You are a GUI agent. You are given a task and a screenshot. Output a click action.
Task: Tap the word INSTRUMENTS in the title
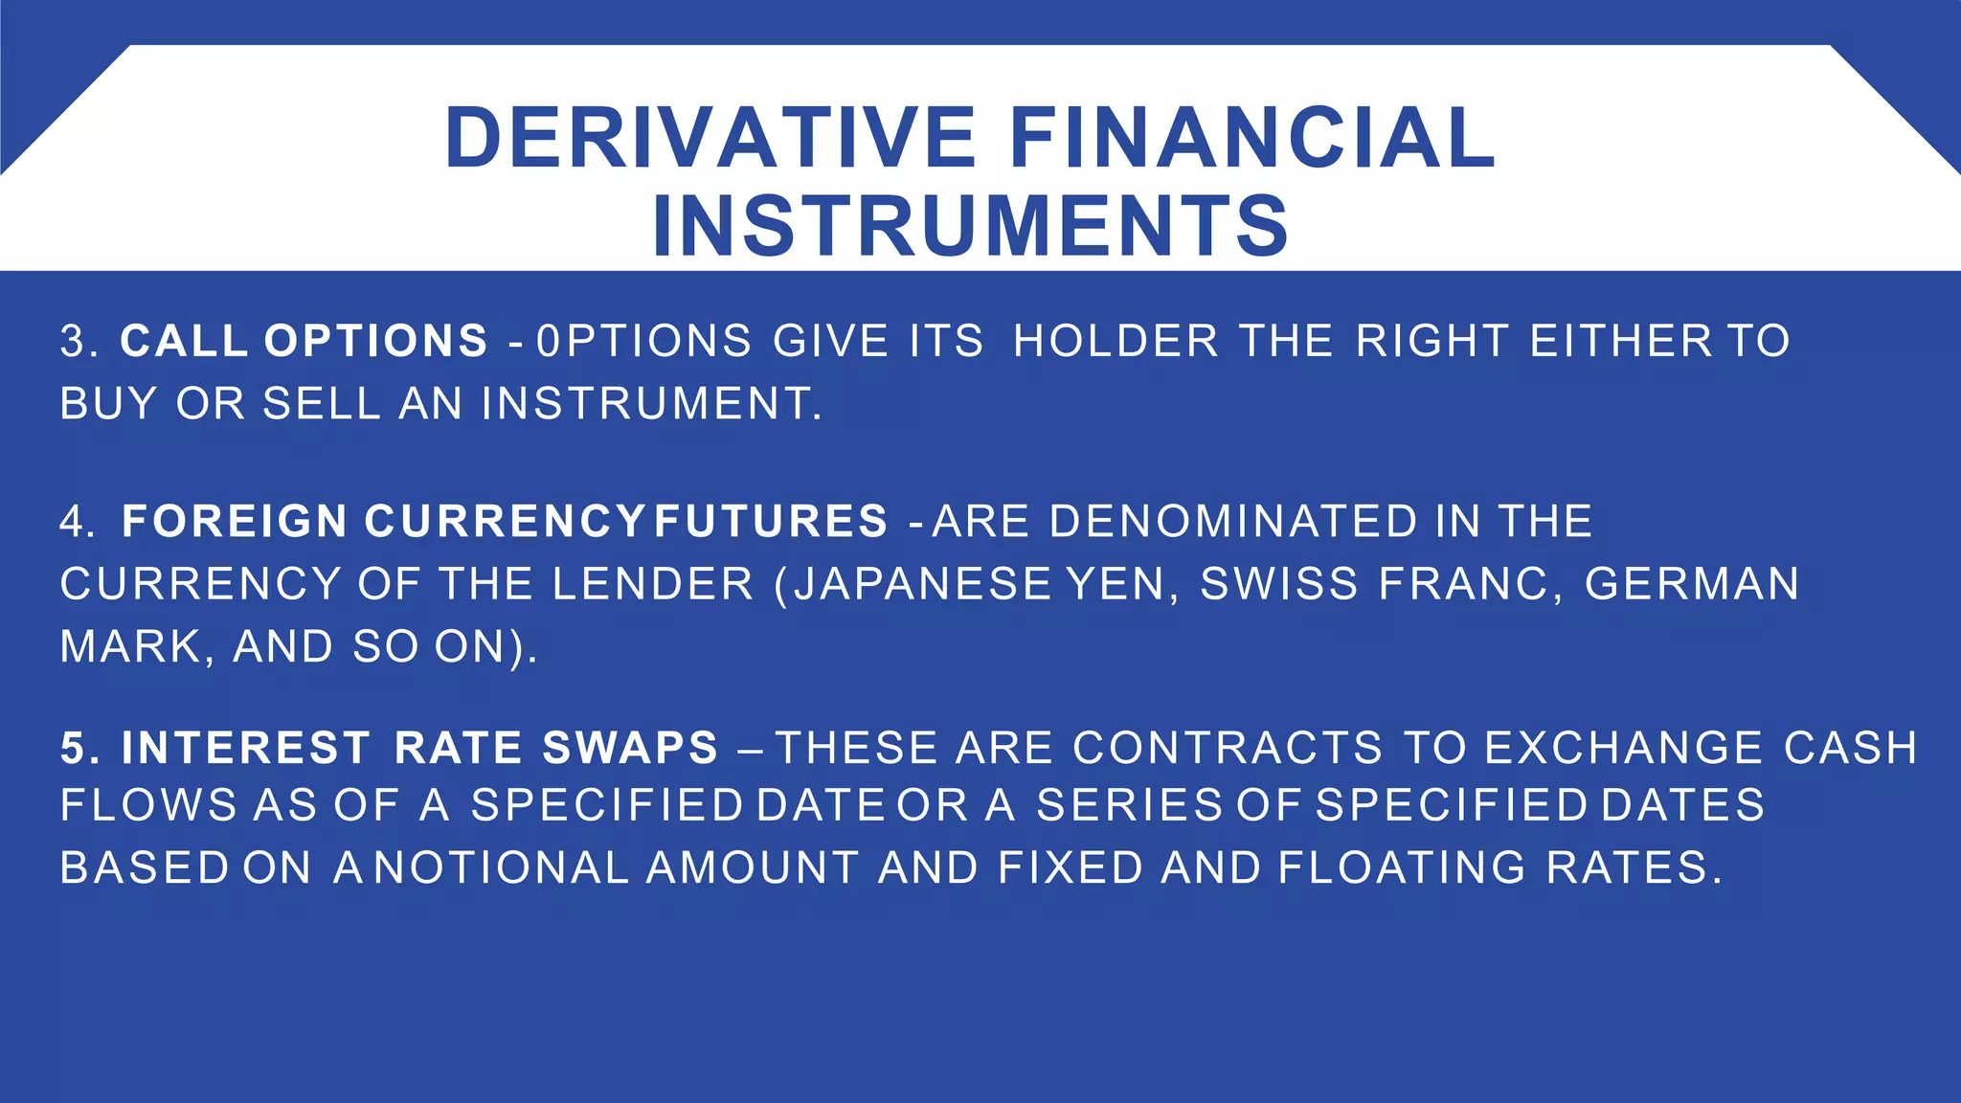pos(970,226)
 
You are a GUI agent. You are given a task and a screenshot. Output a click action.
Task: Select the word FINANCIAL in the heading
pos(1252,138)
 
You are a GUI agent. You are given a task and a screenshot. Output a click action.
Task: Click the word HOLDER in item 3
pos(1116,342)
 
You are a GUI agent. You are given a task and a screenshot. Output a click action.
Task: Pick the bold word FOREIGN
pos(235,523)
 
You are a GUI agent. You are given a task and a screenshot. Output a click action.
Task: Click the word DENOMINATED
pos(1233,523)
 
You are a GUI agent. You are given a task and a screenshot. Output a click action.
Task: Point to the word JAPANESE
pos(923,585)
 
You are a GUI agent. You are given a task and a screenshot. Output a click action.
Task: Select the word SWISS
pos(1278,585)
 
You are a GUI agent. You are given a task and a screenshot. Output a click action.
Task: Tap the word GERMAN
pos(1692,585)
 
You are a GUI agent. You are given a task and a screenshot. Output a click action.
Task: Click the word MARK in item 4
pos(130,647)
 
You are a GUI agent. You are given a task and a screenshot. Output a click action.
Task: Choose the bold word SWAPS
pos(629,749)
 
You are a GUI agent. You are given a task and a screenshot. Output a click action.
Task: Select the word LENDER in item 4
pos(653,585)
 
